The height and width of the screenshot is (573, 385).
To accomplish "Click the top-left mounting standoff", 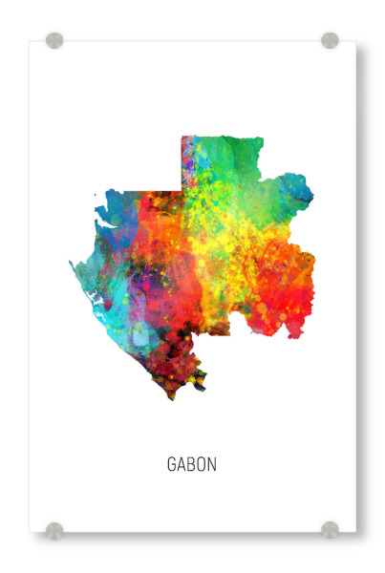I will pos(54,41).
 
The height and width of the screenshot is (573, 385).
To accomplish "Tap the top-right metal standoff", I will pos(330,41).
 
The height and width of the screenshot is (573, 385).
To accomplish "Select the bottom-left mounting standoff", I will pos(54,529).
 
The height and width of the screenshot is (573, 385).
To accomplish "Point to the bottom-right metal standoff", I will pos(330,529).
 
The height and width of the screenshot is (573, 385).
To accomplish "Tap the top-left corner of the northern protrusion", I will pos(183,138).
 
